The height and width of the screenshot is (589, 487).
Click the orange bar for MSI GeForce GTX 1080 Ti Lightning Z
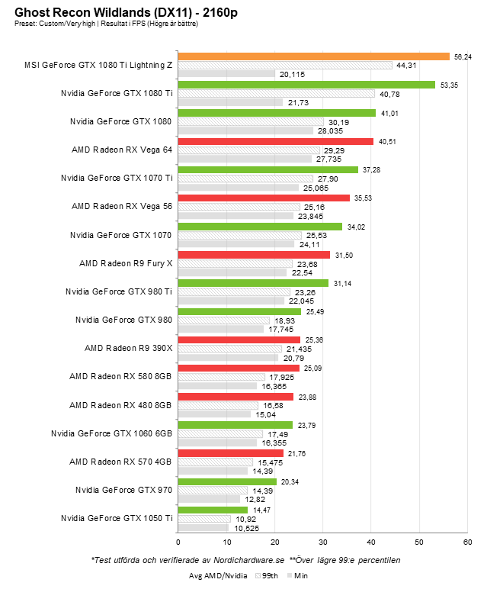tap(313, 56)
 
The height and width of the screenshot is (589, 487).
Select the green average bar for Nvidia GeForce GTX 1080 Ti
tap(306, 85)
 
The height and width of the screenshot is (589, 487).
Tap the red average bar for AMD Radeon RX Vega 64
tap(275, 141)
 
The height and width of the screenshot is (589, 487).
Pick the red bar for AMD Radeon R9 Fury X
tap(254, 255)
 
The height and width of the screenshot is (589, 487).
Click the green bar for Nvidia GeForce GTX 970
tap(226, 481)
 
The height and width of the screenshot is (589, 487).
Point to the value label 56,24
tap(463, 56)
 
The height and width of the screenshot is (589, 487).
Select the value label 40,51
tap(386, 141)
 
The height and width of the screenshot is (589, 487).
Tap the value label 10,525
tap(245, 528)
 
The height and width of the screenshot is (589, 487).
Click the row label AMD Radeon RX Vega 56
tap(122, 206)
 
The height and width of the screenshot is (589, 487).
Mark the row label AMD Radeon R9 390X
tap(128, 348)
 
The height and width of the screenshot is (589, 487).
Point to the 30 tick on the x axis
tap(322, 542)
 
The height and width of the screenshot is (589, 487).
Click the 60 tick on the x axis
tap(467, 542)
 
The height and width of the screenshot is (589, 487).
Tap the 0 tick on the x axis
tap(178, 542)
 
